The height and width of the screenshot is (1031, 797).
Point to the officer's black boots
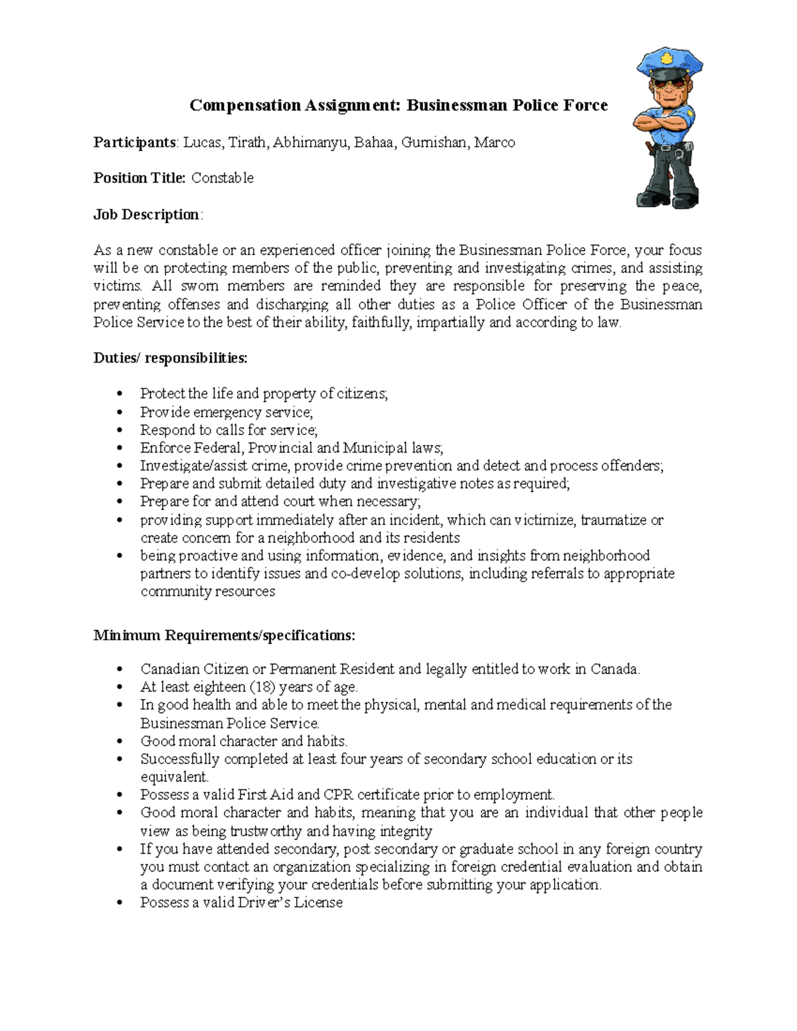[667, 198]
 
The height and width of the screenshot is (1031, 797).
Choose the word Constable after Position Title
[222, 178]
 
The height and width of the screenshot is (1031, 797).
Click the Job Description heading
[147, 214]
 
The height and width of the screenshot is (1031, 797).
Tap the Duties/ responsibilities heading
[170, 358]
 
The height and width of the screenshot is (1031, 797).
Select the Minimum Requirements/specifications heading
[224, 635]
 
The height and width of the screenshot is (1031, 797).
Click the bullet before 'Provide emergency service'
[120, 412]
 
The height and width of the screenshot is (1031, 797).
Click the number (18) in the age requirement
[262, 687]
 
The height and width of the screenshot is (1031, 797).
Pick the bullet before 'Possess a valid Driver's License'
[120, 903]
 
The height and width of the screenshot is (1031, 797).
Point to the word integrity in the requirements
[406, 831]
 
